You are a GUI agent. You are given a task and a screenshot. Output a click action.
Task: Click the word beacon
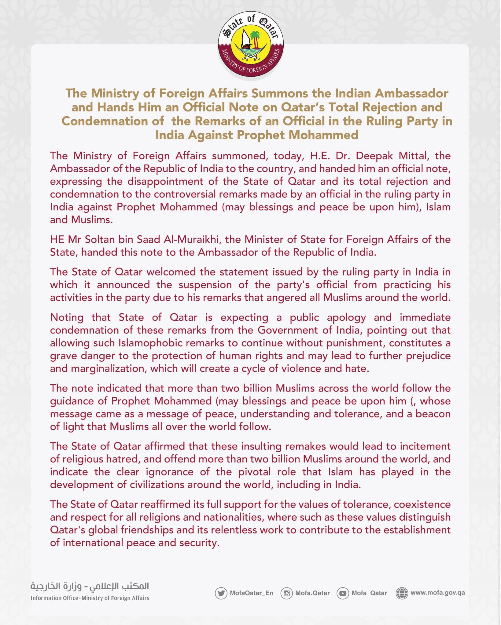click(x=433, y=414)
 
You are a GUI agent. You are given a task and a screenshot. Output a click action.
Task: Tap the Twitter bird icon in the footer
click(x=221, y=593)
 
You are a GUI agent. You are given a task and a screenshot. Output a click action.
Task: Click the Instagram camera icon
click(x=287, y=593)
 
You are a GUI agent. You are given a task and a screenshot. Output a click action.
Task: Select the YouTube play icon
click(x=343, y=593)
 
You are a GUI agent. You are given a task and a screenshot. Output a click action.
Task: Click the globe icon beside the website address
click(x=402, y=593)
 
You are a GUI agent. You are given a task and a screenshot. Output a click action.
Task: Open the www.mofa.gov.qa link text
click(x=437, y=593)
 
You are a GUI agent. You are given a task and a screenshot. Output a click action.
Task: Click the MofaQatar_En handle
click(x=252, y=593)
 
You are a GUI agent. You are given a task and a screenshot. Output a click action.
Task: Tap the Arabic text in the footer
click(x=90, y=586)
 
